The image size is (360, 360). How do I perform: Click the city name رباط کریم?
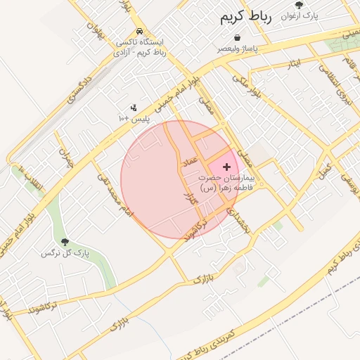pos(245,15)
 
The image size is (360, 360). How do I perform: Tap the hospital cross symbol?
pos(226,167)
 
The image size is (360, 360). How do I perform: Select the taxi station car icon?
pos(141,32)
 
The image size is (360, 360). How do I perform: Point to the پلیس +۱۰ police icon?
pos(133,108)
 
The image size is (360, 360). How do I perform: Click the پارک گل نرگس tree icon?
pos(65,242)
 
